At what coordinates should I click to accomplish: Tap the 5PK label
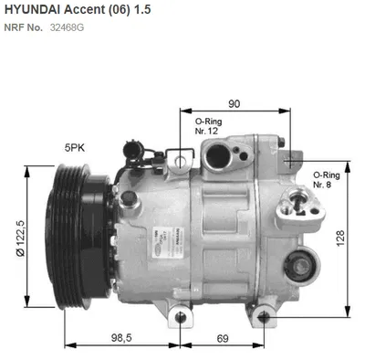click(x=76, y=146)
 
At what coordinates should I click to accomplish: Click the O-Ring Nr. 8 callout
click(x=325, y=179)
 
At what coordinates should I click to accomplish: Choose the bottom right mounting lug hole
click(x=263, y=316)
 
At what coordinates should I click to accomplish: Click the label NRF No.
click(x=23, y=26)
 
